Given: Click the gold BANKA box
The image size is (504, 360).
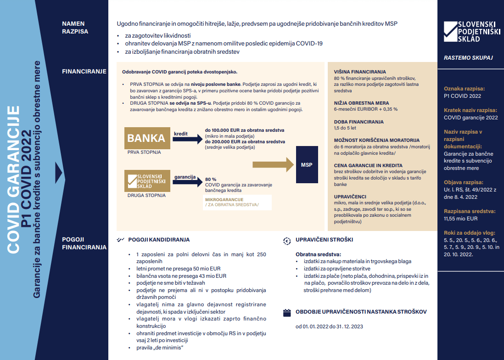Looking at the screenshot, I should pos(146,138).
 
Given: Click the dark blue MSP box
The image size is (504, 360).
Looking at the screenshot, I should pos(306,164).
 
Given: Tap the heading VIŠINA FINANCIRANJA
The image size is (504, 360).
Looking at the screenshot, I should pos(360,72).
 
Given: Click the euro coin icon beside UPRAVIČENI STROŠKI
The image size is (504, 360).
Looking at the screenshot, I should pos(287,240).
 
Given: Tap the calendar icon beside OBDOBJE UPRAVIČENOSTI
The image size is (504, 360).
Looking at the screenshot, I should pos(287,312).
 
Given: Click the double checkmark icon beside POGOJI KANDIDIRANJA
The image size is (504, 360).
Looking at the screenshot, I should pos(121,240).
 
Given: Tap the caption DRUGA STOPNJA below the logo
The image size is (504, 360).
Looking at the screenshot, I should pos(146,195).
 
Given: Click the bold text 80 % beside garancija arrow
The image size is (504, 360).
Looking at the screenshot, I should pos(211,179).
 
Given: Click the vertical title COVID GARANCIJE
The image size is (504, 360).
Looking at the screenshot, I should pos(14,179).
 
